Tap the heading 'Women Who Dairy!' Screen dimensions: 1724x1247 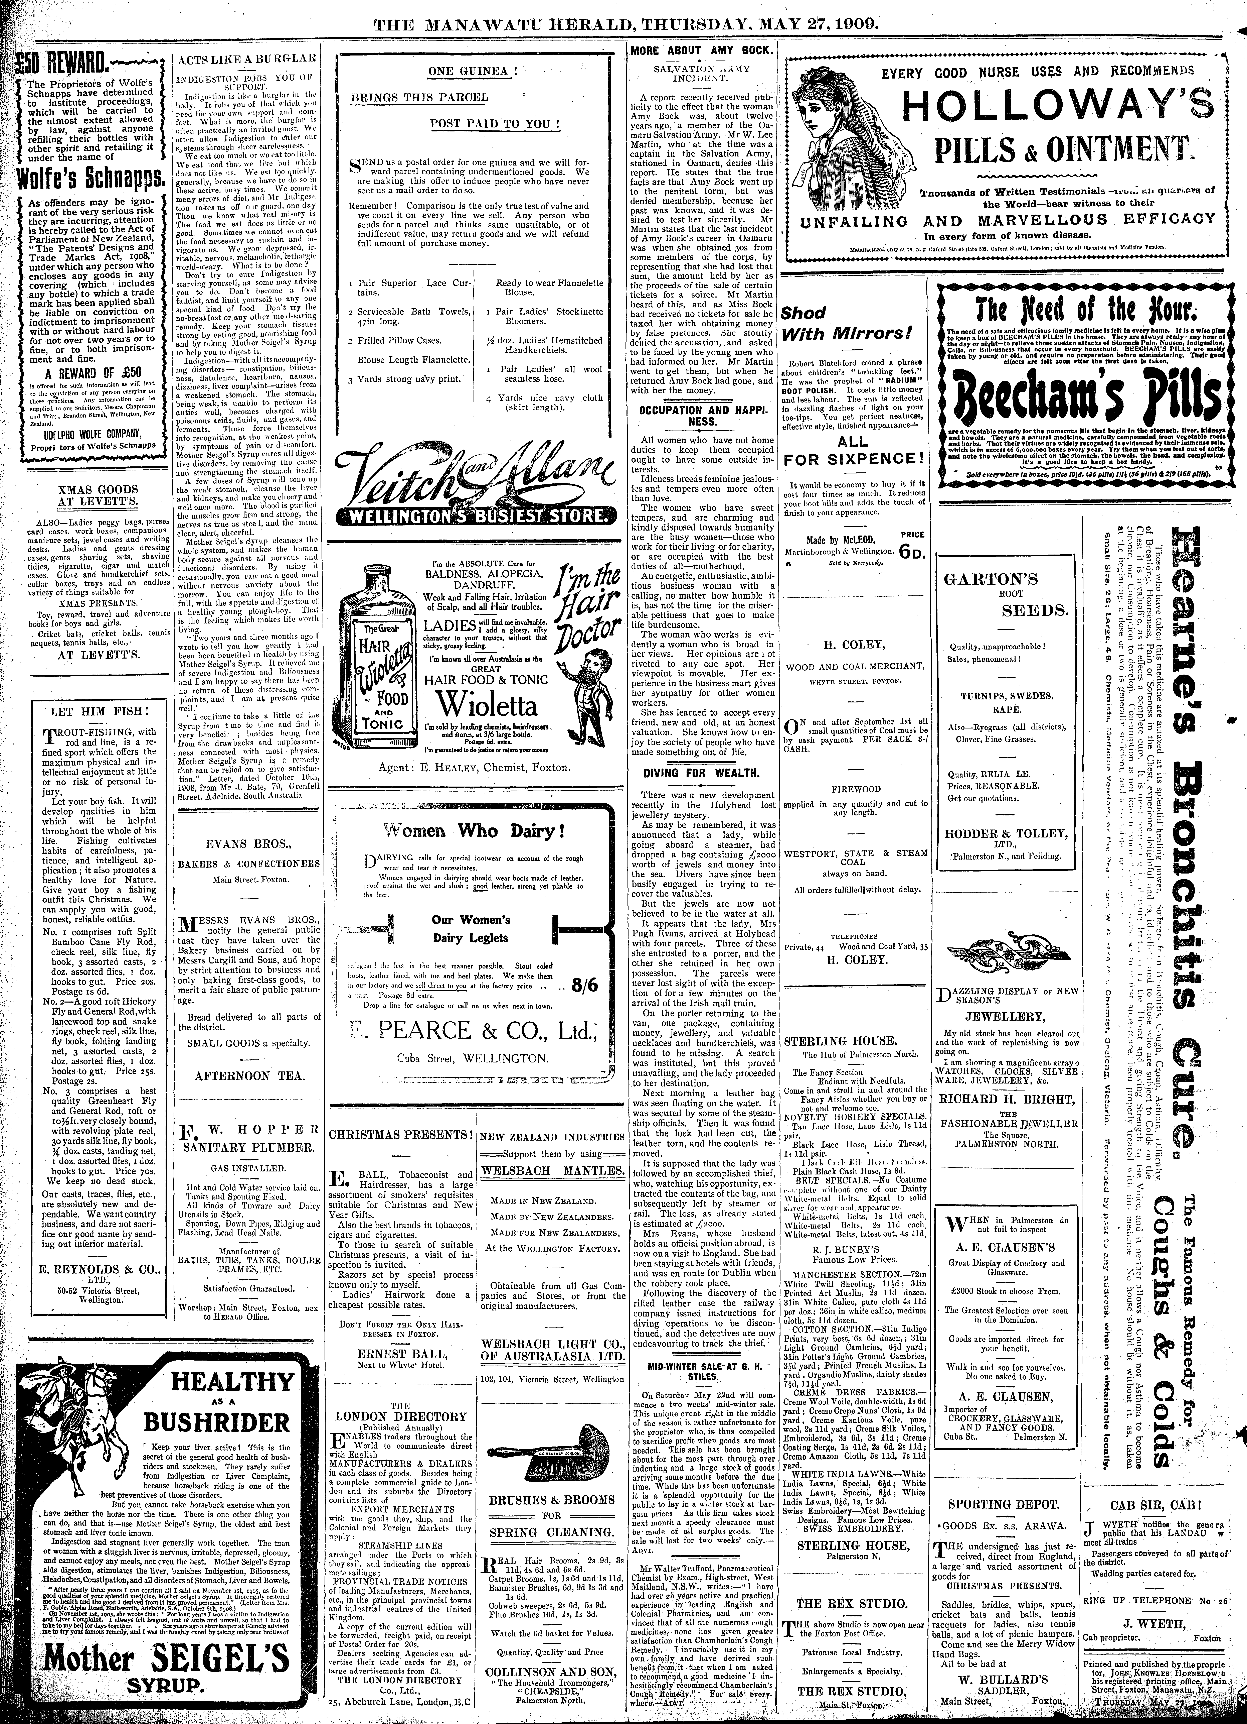473,829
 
